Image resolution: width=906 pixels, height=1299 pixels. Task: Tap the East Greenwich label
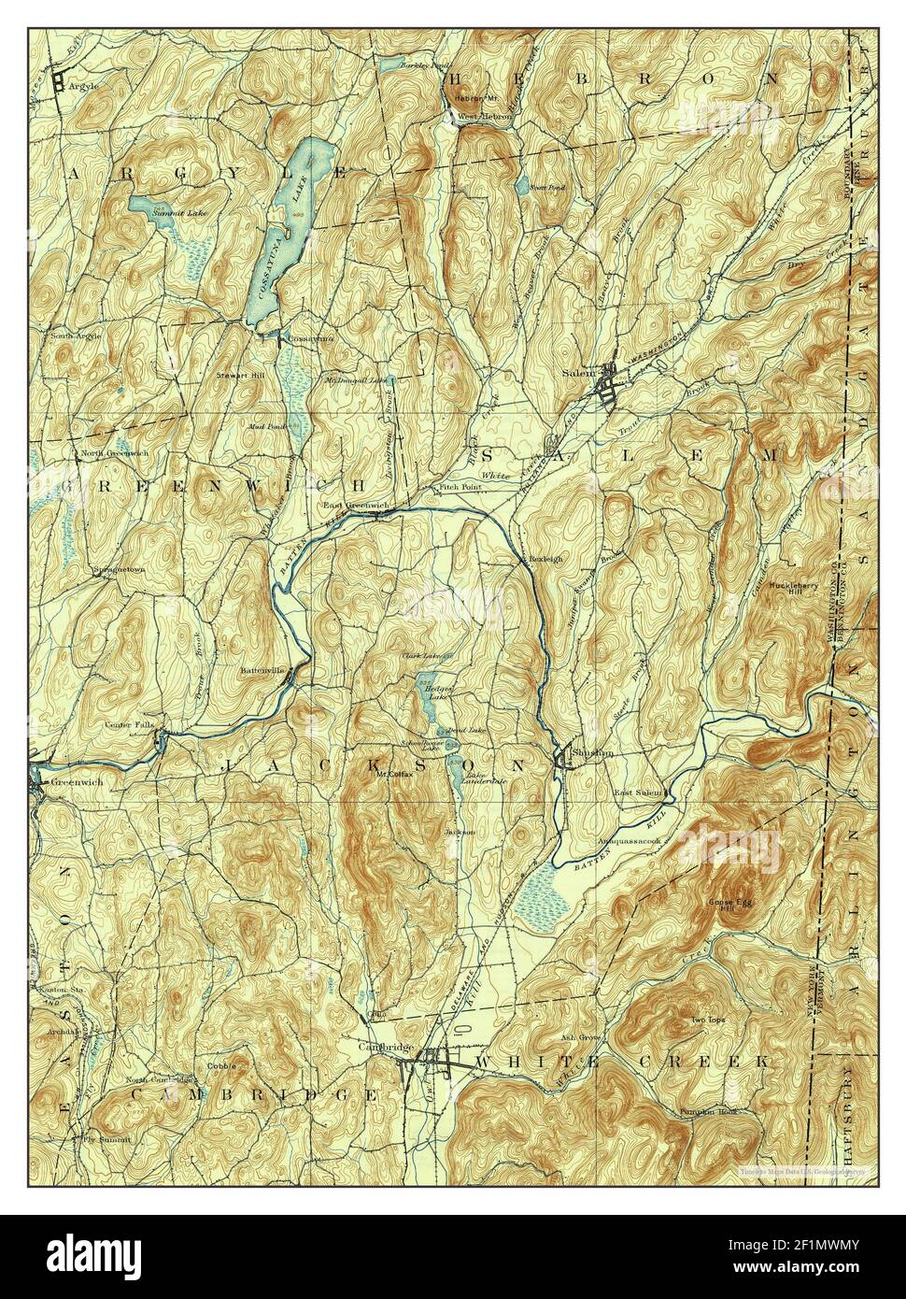[x=355, y=506]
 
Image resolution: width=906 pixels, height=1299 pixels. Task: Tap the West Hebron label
[x=483, y=117]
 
